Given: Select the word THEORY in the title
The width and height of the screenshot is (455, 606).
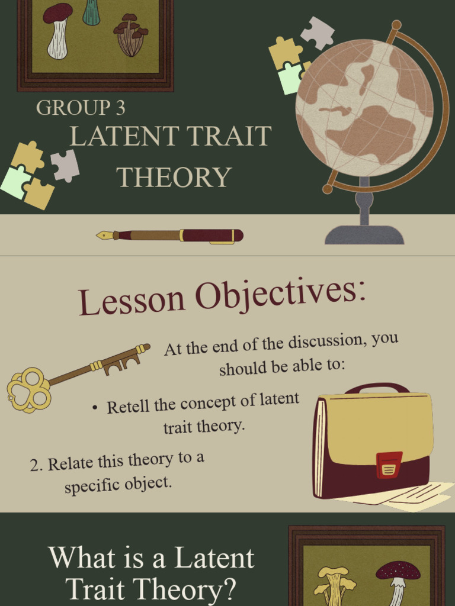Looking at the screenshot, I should click(x=174, y=177).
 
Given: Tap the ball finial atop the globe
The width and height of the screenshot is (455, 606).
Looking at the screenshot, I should click(x=396, y=25).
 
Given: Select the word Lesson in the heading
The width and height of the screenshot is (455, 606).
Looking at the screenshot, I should click(x=132, y=301).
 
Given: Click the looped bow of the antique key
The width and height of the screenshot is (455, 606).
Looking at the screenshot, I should click(x=28, y=389).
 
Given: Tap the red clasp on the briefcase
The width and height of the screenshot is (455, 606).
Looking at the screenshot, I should click(x=389, y=465).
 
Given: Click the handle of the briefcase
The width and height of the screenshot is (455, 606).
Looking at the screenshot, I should click(x=377, y=388).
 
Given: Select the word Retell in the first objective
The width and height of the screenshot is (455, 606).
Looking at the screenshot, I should click(x=128, y=407).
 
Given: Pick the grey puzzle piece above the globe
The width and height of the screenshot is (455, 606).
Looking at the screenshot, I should click(x=318, y=32).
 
